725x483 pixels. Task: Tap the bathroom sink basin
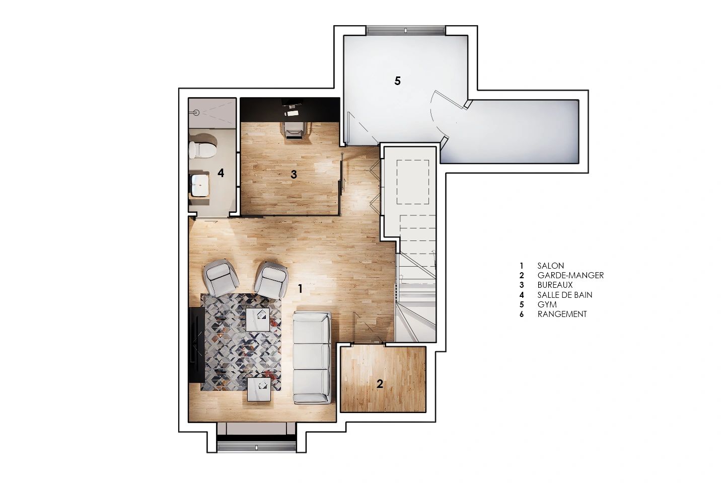(x=198, y=185)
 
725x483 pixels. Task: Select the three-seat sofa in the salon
(x=312, y=358)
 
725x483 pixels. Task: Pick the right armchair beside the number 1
(x=271, y=280)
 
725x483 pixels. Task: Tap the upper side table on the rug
(x=258, y=319)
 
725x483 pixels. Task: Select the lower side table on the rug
(x=260, y=389)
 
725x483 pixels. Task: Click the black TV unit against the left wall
(x=196, y=345)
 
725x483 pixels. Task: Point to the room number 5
(x=397, y=80)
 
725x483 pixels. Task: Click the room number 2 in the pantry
(x=380, y=384)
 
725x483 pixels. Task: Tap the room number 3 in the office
(x=294, y=175)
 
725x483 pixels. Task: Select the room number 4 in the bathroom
(x=221, y=173)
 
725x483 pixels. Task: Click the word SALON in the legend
(x=551, y=266)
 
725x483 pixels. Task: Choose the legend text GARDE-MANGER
(x=570, y=275)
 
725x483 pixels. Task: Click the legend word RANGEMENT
(x=562, y=314)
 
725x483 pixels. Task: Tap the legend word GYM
(x=547, y=304)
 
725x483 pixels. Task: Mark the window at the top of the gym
(x=406, y=30)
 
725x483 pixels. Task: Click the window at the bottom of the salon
(x=256, y=447)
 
